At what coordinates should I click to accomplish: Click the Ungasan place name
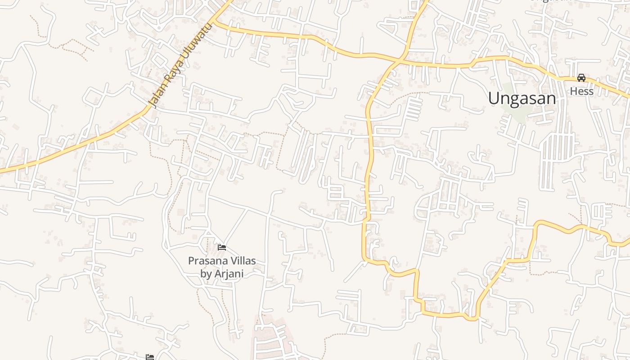point(522,98)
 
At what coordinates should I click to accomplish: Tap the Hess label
point(581,91)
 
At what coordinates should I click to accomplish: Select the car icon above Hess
point(581,77)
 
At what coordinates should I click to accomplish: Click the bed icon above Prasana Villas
point(221,247)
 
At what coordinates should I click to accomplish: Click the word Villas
point(243,261)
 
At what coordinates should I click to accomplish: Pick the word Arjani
point(229,273)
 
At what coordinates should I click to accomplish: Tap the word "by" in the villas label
point(206,274)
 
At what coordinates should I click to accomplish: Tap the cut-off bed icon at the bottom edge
point(150,357)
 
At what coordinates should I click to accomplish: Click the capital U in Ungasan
point(494,98)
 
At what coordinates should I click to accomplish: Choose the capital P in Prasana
point(191,261)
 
